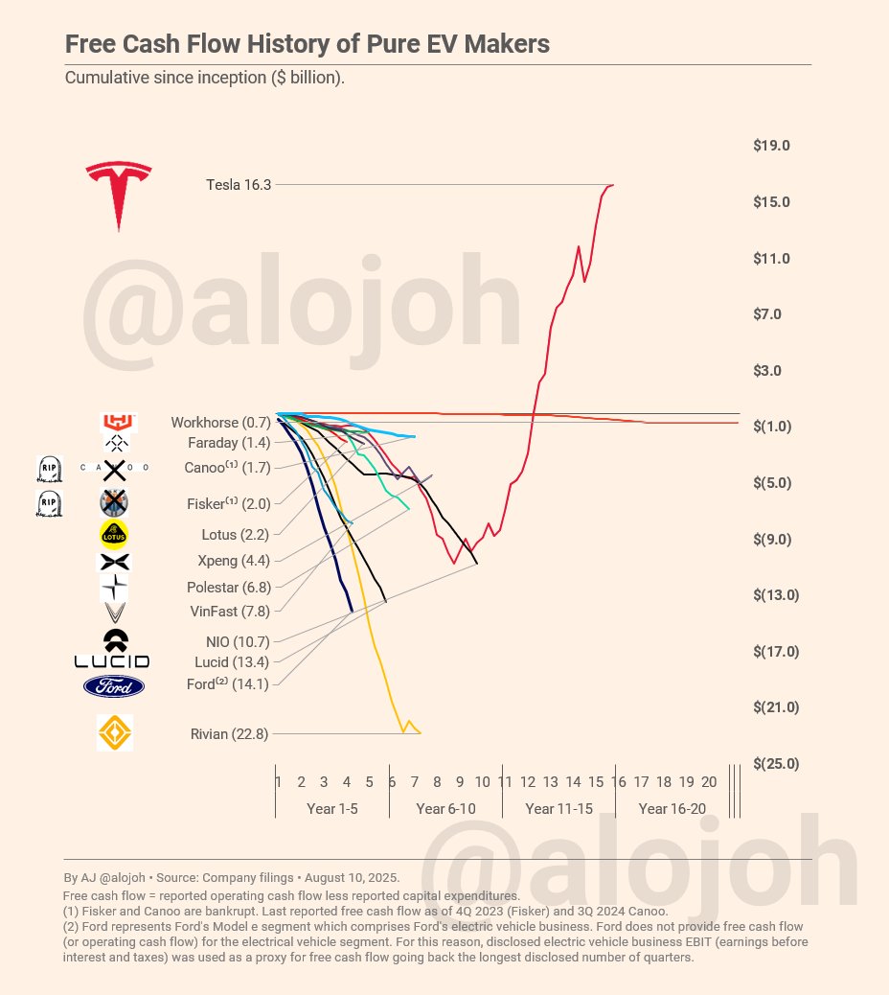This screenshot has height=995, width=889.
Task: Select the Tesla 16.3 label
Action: coord(239,185)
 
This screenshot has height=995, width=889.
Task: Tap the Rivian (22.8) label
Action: coord(229,734)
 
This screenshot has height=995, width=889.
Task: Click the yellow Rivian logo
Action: coord(115,733)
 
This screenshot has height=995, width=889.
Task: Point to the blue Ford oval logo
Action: coord(114,686)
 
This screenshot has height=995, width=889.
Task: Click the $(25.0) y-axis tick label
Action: coord(776,763)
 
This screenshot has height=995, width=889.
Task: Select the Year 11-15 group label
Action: coord(558,809)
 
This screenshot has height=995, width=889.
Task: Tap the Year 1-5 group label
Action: coord(332,809)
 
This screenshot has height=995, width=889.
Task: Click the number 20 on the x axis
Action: coord(709,782)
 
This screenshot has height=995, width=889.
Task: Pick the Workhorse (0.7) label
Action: coord(220,423)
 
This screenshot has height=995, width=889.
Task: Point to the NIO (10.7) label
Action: coord(238,642)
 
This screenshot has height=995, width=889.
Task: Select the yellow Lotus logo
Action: coord(114,533)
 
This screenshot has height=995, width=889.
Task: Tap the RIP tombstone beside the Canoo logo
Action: coord(49,469)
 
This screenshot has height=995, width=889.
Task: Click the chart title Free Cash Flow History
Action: coord(307,45)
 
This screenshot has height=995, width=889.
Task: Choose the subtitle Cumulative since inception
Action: coord(204,77)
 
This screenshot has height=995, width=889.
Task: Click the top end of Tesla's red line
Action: coord(612,185)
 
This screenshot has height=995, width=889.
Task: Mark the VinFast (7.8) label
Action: coord(230,612)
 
